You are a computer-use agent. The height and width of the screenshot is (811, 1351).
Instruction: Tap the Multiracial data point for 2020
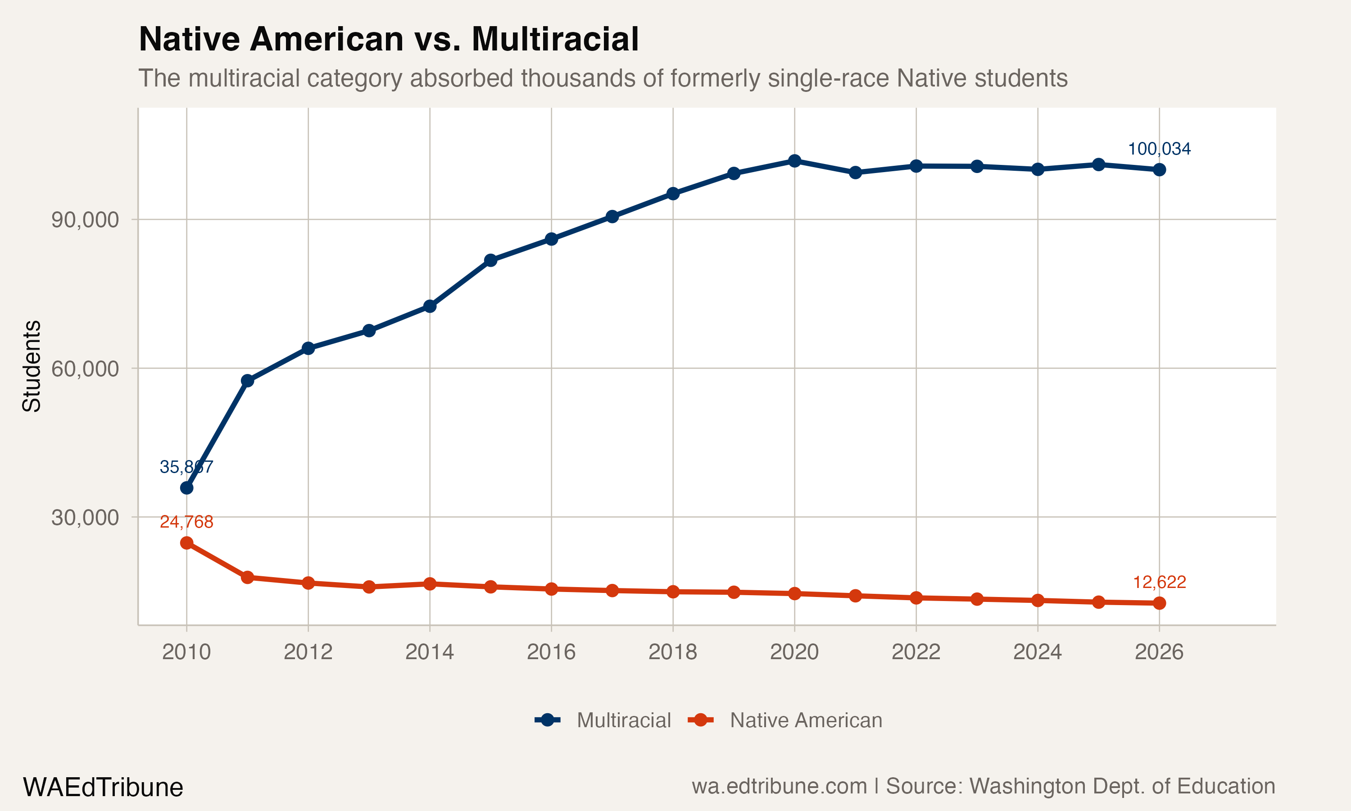tap(794, 161)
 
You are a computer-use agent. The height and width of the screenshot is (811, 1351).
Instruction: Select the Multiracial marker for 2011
tap(247, 380)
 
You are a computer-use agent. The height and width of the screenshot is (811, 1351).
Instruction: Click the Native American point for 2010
tap(187, 542)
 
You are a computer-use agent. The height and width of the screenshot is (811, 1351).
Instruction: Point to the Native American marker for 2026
tap(1159, 603)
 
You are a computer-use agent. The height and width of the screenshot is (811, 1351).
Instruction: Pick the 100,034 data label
tap(1159, 149)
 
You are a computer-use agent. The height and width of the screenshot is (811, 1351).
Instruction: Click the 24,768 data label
tap(186, 522)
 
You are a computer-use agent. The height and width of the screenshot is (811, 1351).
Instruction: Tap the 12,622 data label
tap(1159, 582)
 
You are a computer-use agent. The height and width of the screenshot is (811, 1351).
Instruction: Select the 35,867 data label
tap(186, 467)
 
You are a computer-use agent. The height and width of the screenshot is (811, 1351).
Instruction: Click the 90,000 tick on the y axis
tap(85, 220)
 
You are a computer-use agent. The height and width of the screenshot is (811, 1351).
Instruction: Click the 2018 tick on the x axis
tap(673, 652)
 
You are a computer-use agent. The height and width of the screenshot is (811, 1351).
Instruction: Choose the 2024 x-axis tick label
tap(1038, 652)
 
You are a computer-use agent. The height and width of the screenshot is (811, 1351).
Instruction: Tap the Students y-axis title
tap(32, 366)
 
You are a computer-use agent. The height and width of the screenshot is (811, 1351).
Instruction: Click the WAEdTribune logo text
tap(103, 788)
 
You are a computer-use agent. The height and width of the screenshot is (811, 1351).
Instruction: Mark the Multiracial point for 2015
tap(490, 260)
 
